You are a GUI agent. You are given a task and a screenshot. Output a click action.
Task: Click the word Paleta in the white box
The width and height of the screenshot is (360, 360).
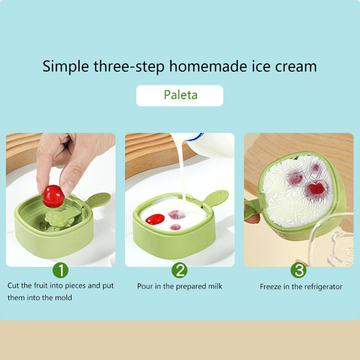point(181,95)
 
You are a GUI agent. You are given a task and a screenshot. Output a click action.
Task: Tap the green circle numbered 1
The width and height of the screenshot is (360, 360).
point(61,270)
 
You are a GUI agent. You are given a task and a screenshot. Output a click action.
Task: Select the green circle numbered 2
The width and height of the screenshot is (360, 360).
point(180,270)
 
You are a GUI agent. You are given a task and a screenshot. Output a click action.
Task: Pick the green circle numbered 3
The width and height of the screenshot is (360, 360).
point(298,270)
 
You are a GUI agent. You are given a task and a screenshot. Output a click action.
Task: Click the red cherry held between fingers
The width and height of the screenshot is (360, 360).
point(53,196)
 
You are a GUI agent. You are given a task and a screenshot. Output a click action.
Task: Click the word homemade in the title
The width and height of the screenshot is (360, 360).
point(208,66)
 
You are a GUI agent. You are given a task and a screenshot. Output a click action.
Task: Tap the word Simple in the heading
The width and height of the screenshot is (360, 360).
point(66,67)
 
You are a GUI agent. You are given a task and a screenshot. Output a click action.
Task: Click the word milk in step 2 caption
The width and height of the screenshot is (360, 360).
point(215,286)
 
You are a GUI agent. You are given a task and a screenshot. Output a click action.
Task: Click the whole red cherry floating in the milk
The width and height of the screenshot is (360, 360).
point(155,219)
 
